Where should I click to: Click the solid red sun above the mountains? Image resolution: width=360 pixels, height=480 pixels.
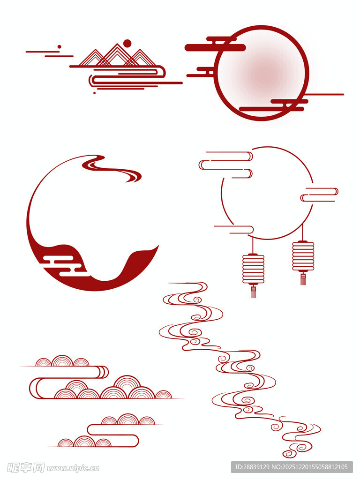coord(127,44)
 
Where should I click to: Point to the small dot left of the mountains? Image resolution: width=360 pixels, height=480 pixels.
coord(60,47)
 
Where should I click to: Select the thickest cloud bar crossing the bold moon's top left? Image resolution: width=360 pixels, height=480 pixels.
coord(215,47)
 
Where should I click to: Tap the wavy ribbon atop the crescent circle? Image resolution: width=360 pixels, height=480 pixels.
coord(112,168)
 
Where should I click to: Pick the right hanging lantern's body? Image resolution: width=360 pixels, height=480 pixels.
coord(303,256)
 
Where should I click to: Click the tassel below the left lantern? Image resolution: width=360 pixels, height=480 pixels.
coord(253,292)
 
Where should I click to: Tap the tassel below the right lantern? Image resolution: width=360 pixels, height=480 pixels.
coord(303,278)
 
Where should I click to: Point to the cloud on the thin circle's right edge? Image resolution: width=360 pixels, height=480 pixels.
coord(319,195)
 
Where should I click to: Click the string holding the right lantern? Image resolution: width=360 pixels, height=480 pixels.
coord(303,232)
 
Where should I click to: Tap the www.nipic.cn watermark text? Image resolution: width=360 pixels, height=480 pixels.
coord(73,468)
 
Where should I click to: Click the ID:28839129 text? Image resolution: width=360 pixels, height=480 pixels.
coord(252,467)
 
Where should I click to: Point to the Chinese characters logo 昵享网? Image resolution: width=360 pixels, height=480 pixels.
coord(26,468)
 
